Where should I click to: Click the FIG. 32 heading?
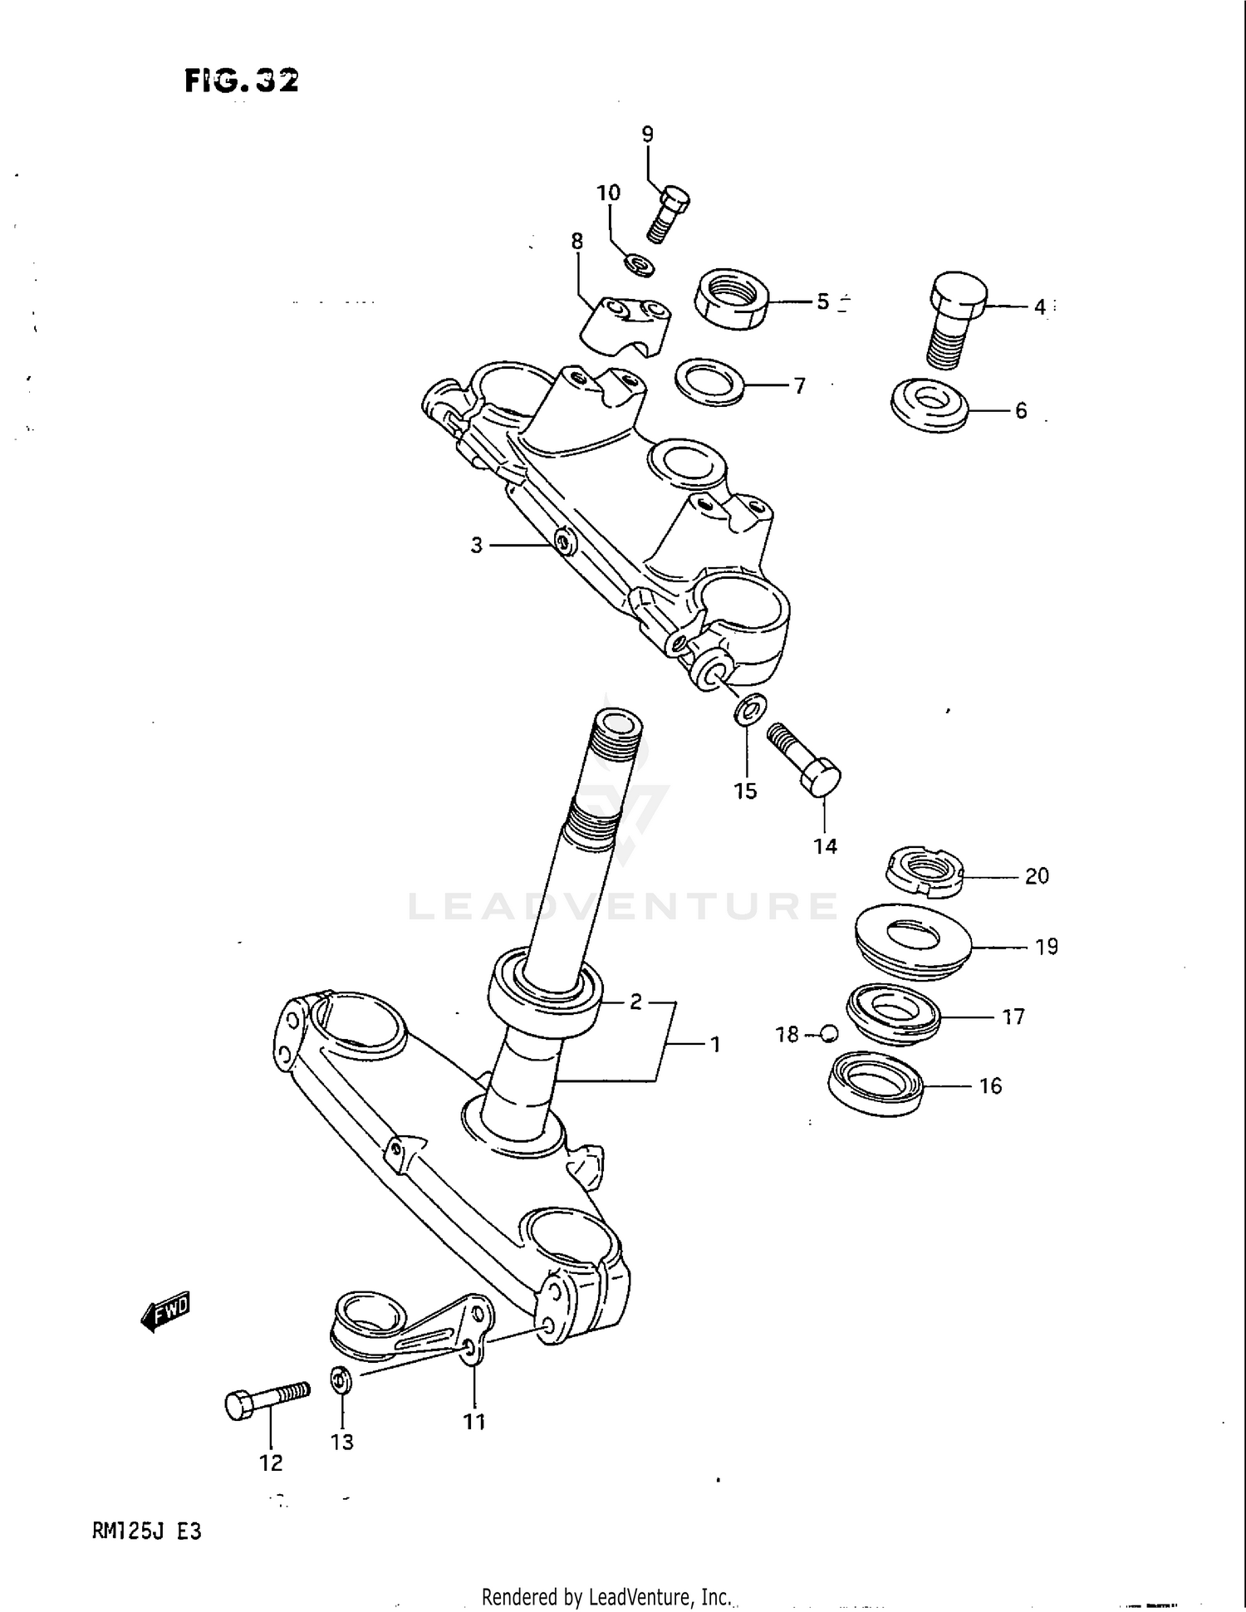[x=242, y=81]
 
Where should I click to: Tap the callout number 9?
[x=647, y=134]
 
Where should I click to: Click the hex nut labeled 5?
[x=730, y=299]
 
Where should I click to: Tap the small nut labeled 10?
[x=639, y=267]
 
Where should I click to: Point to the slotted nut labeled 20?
[x=921, y=872]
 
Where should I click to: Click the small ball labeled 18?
[x=827, y=1034]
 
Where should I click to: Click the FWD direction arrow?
[x=166, y=1311]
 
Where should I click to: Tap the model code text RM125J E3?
[x=147, y=1531]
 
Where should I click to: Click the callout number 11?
[x=473, y=1422]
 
